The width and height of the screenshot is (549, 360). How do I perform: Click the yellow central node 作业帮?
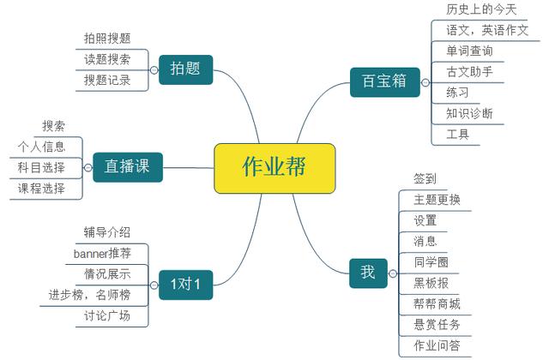click(x=274, y=168)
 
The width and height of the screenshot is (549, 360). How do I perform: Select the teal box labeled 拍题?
click(x=185, y=69)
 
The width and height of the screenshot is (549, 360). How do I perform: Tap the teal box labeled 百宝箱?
click(x=385, y=82)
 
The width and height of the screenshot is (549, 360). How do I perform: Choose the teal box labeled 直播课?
click(x=128, y=167)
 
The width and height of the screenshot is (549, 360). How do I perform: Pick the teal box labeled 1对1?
click(x=185, y=285)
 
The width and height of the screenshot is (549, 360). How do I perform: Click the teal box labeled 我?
click(x=368, y=273)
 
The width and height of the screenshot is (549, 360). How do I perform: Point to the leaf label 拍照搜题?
click(x=107, y=38)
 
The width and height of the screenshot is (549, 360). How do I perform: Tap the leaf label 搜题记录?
click(x=107, y=80)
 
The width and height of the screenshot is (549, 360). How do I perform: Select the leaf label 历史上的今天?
click(x=481, y=9)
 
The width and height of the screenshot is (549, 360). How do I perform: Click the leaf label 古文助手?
click(x=469, y=72)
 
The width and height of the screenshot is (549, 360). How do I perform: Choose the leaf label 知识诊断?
click(x=469, y=113)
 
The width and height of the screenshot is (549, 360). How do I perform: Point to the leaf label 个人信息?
click(x=42, y=147)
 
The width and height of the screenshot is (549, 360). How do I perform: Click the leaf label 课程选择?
click(x=42, y=189)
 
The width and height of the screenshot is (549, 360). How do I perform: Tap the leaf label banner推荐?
click(x=102, y=253)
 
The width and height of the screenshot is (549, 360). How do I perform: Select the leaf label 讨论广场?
click(x=107, y=316)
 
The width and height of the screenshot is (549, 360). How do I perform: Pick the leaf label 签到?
click(x=425, y=179)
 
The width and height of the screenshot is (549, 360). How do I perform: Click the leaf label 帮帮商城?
click(x=437, y=303)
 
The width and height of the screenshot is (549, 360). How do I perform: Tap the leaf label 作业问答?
click(x=437, y=345)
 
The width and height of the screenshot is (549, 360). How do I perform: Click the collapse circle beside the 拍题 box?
click(x=154, y=70)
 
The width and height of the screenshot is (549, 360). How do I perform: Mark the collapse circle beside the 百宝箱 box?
click(x=425, y=82)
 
